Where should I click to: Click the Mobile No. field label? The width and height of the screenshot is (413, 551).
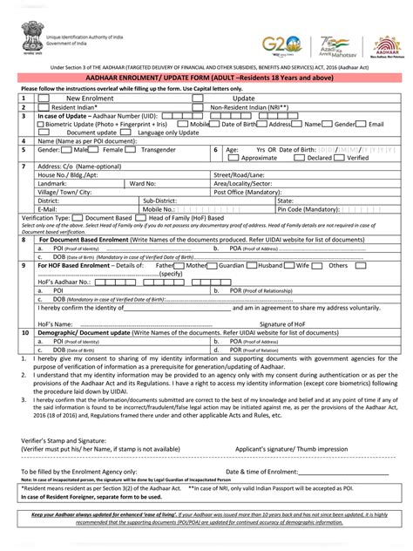coord(158,209)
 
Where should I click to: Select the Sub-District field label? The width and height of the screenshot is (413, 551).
coord(159,201)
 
